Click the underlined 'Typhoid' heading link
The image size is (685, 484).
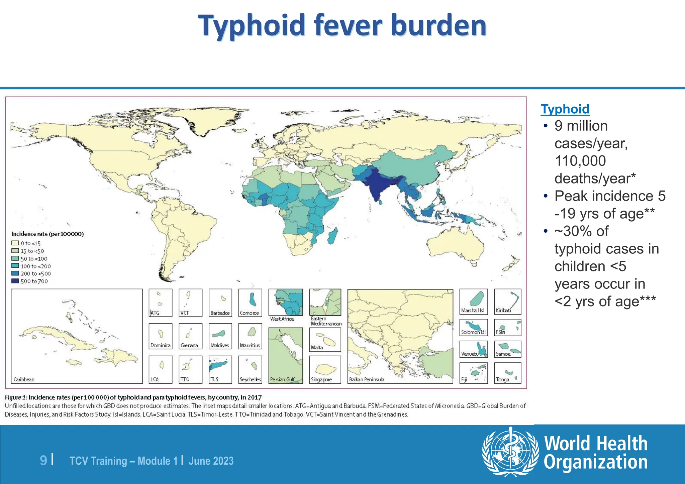[565, 109]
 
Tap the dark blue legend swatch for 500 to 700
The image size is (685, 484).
[15, 281]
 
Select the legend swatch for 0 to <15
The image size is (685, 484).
[15, 243]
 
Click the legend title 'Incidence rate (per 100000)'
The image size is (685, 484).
[47, 234]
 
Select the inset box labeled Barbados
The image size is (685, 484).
[220, 302]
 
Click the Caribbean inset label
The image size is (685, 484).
[24, 379]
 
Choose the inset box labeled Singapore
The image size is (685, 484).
[325, 369]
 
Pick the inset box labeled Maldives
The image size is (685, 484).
[220, 336]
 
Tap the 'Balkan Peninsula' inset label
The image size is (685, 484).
[367, 379]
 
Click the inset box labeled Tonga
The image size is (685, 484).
[507, 373]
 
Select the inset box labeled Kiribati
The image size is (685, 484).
[507, 301]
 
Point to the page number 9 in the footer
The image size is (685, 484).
[43, 461]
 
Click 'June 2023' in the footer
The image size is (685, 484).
[211, 461]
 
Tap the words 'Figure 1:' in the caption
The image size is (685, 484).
[16, 397]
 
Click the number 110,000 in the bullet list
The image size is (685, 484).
[580, 161]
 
